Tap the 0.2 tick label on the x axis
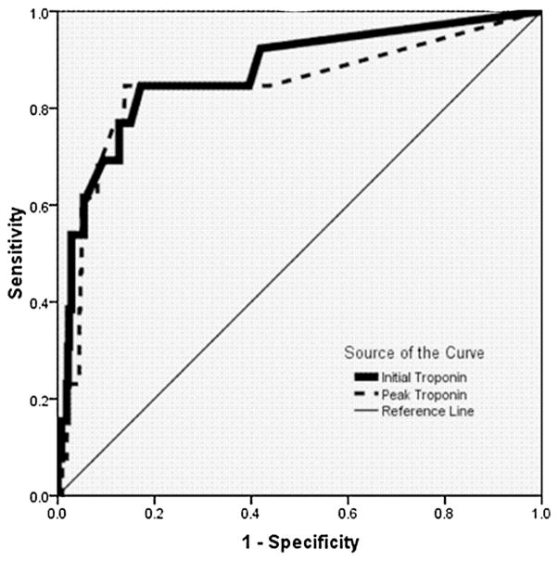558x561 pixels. point(155,511)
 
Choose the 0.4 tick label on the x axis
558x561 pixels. point(251,511)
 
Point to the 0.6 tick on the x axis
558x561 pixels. point(348,511)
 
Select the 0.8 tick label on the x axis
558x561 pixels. point(445,511)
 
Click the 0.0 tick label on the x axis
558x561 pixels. point(58,511)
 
